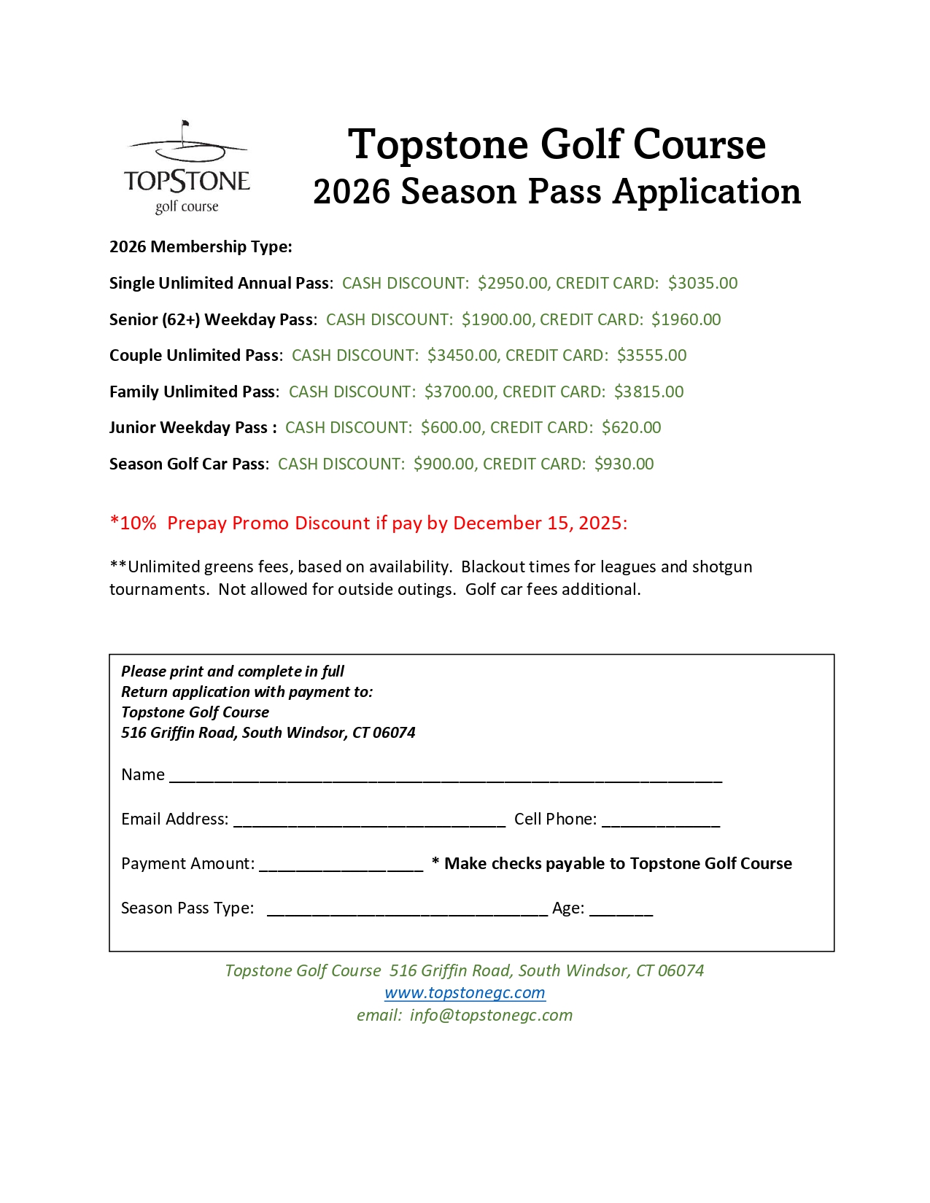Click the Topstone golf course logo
pyautogui.click(x=187, y=168)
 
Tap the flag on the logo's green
pyautogui.click(x=185, y=125)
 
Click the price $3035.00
pyautogui.click(x=702, y=283)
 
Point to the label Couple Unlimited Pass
pyautogui.click(x=194, y=355)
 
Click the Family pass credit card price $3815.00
pyautogui.click(x=648, y=392)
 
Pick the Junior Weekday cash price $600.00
pyautogui.click(x=451, y=427)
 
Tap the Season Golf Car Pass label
pyautogui.click(x=187, y=464)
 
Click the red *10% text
pyautogui.click(x=133, y=523)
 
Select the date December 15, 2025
pyautogui.click(x=539, y=523)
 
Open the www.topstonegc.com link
pyautogui.click(x=465, y=993)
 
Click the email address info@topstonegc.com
pyautogui.click(x=491, y=1015)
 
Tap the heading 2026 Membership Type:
pyautogui.click(x=201, y=246)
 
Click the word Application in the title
pyautogui.click(x=706, y=191)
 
